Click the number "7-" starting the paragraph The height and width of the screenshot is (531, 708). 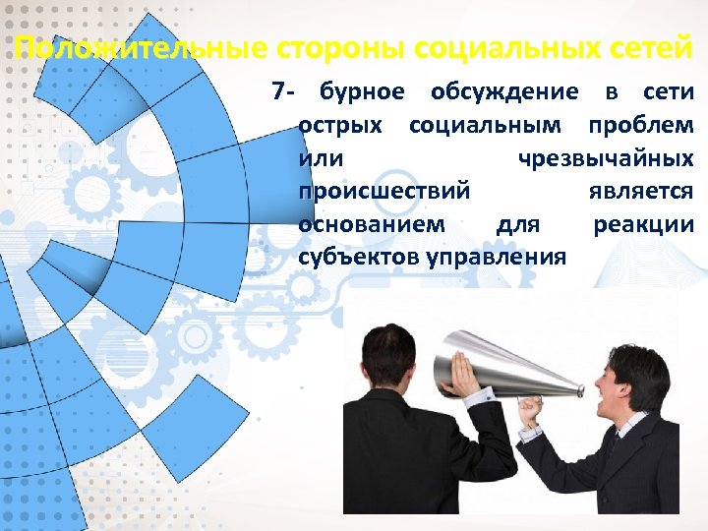284,92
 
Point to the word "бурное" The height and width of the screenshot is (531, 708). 362,92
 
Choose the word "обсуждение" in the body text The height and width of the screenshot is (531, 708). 504,92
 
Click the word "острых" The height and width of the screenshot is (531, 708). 343,126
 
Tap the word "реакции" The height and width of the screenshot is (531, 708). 643,225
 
